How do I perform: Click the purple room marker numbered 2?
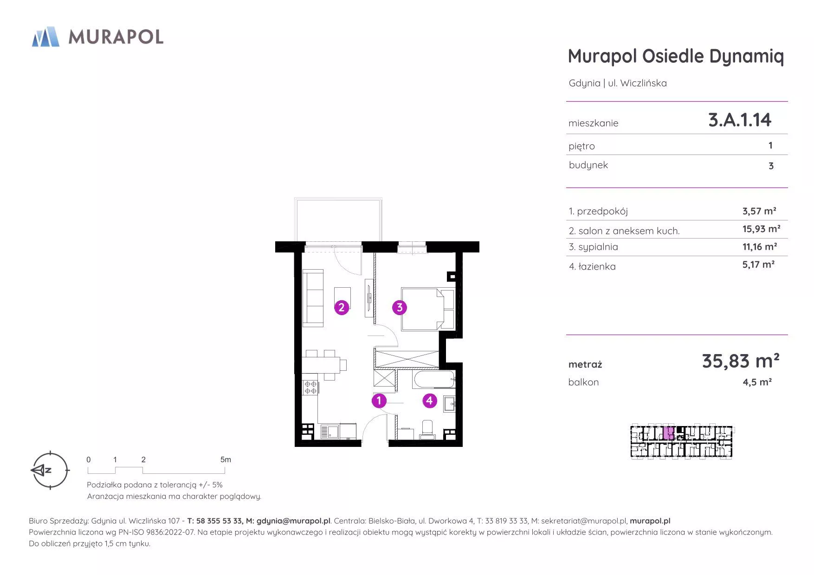point(342,307)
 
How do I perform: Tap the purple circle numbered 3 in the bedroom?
point(400,307)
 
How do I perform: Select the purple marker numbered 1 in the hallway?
point(379,401)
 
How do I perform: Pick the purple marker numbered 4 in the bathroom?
point(430,401)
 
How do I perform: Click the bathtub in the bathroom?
point(434,379)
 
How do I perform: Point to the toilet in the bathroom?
point(427,430)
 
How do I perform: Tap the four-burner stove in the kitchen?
point(310,388)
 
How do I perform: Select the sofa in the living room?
point(313,298)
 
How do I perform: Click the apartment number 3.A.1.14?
point(740,120)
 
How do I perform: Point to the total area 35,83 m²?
point(741,361)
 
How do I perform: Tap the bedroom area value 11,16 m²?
point(760,246)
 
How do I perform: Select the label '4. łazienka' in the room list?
point(592,266)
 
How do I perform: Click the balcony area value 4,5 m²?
point(757,382)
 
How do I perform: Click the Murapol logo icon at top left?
point(45,37)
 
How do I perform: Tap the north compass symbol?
point(50,470)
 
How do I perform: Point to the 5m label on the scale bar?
point(226,459)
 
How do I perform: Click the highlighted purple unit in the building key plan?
point(668,433)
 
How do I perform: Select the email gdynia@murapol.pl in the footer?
point(293,521)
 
